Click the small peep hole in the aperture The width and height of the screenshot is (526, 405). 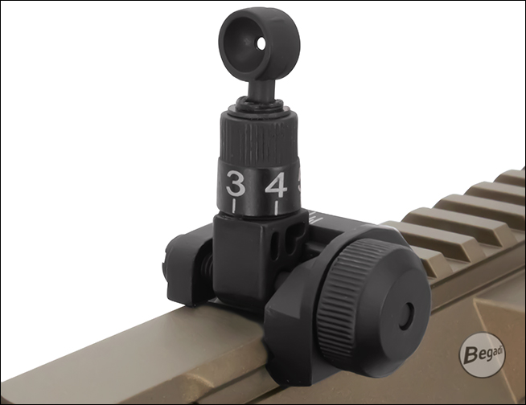[x=261, y=43]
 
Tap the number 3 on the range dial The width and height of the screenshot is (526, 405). [x=236, y=183]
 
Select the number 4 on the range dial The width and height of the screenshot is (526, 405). [x=276, y=185]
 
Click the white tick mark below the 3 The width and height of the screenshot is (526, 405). [x=235, y=206]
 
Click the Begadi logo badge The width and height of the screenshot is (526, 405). [x=482, y=355]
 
